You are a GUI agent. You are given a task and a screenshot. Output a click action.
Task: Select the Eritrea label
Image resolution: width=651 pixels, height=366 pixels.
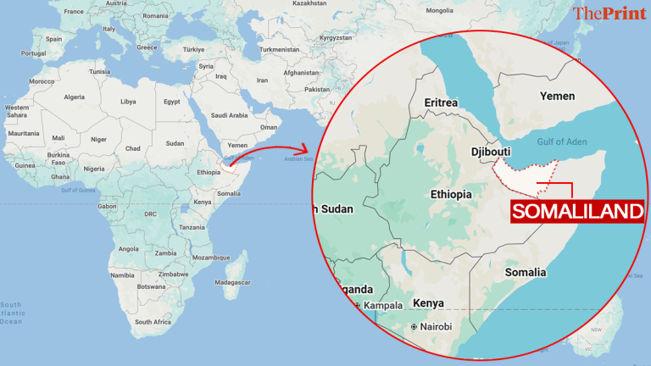coord(441,103)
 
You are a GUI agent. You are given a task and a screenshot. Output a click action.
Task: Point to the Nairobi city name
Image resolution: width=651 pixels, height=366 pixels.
coord(431,326)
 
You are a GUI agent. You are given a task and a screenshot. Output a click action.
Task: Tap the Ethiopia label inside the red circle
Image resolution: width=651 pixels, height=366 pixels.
coord(450,194)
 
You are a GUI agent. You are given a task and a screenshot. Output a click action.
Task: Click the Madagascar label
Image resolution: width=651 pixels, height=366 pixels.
coord(231,281)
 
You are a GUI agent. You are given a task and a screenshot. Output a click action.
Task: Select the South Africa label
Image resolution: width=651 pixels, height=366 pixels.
coord(153,322)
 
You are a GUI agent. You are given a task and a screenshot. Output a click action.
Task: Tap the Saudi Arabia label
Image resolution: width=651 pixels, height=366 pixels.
coord(229,115)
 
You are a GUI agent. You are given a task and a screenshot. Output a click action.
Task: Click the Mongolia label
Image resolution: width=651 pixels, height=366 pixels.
coord(439,11)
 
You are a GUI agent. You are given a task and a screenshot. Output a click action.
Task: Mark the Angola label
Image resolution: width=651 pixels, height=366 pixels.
coord(129,249)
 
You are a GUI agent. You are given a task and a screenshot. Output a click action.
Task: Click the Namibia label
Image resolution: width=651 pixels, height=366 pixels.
coord(122,275)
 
